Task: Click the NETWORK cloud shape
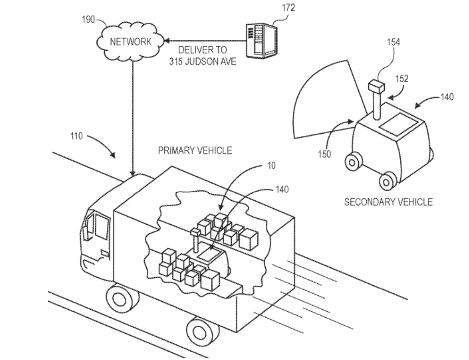130,41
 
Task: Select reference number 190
88,20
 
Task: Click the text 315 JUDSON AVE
202,61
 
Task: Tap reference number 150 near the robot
324,154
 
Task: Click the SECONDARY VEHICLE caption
388,202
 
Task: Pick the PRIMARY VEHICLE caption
194,151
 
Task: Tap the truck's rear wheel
197,330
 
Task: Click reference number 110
77,136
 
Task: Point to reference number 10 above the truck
271,166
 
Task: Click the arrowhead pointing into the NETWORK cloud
166,41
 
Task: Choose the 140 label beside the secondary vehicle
447,97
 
